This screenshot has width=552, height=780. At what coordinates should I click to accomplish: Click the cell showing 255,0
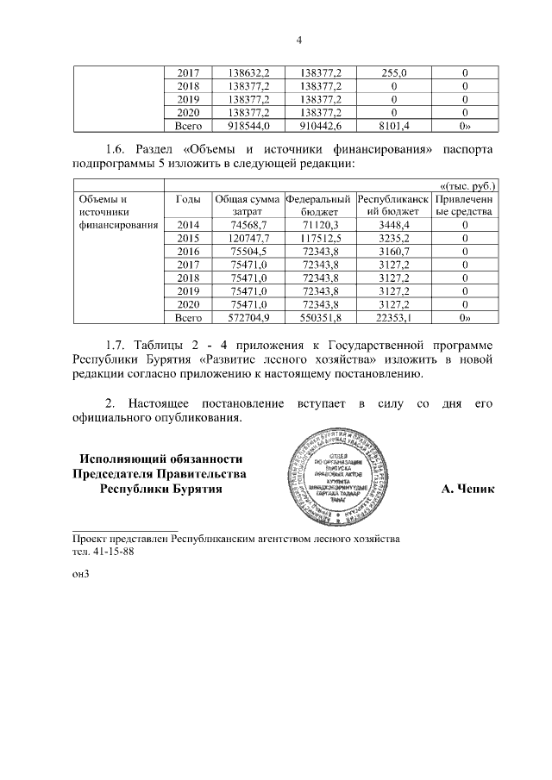[x=393, y=74]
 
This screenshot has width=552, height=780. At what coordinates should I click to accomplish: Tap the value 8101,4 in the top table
[x=393, y=126]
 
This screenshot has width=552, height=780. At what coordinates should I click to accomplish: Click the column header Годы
[x=188, y=198]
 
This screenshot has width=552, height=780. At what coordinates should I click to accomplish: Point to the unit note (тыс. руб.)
[x=468, y=185]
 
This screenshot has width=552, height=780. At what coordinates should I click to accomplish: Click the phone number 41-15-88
[x=109, y=552]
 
